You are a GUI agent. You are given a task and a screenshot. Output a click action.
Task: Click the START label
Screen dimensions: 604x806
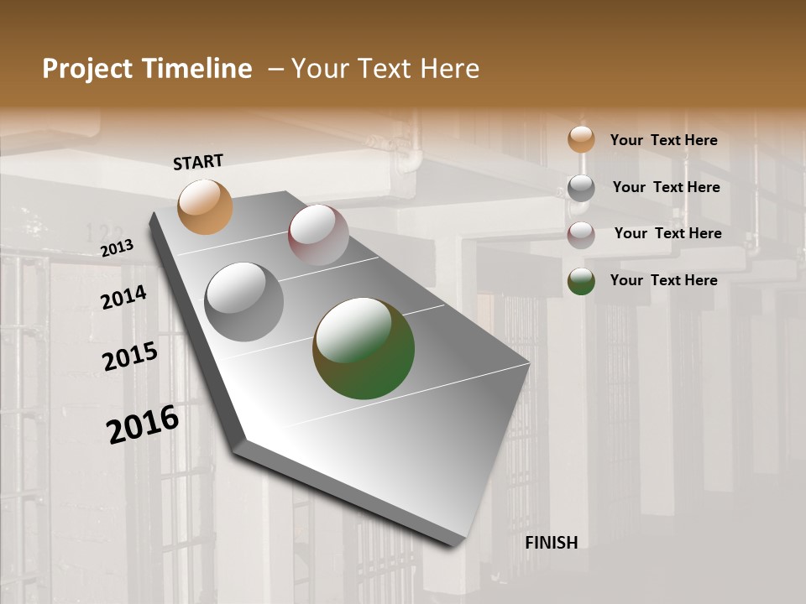pyautogui.click(x=198, y=162)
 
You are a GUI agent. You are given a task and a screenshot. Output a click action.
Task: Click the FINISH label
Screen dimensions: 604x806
pyautogui.click(x=552, y=543)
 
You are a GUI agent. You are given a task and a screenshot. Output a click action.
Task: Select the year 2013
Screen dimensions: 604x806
pyautogui.click(x=118, y=248)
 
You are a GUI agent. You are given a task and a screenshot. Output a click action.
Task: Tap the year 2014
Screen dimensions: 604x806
pyautogui.click(x=123, y=297)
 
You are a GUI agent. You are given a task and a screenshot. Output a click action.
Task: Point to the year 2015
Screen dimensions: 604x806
pyautogui.click(x=130, y=357)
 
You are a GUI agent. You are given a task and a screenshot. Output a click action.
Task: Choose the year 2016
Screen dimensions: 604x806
pyautogui.click(x=143, y=424)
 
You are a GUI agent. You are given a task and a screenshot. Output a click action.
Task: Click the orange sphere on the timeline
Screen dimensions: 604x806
pyautogui.click(x=205, y=206)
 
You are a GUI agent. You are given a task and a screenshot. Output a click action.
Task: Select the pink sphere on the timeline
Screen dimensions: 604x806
pyautogui.click(x=318, y=235)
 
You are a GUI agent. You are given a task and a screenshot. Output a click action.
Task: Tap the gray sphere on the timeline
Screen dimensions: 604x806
pyautogui.click(x=243, y=302)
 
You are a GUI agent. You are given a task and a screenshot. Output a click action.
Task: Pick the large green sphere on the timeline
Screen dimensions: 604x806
pyautogui.click(x=364, y=348)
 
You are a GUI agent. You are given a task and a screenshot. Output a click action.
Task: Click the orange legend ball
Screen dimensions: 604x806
pyautogui.click(x=581, y=140)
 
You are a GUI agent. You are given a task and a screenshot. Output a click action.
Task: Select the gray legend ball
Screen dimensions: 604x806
pyautogui.click(x=581, y=188)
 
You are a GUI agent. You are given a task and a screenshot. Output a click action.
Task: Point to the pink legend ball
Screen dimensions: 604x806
pyautogui.click(x=581, y=235)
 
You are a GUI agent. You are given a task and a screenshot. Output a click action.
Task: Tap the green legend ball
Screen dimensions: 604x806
pyautogui.click(x=581, y=281)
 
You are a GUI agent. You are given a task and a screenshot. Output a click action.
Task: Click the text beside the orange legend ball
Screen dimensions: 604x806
pyautogui.click(x=663, y=140)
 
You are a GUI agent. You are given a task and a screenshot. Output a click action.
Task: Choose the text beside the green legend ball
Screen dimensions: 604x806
pyautogui.click(x=663, y=280)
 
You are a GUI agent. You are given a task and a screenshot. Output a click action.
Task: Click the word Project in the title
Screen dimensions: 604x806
pyautogui.click(x=88, y=69)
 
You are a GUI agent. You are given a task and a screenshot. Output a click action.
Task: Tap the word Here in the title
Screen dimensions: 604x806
pyautogui.click(x=449, y=69)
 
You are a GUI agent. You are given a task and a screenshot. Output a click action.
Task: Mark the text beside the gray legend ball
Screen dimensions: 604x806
pyautogui.click(x=666, y=187)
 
